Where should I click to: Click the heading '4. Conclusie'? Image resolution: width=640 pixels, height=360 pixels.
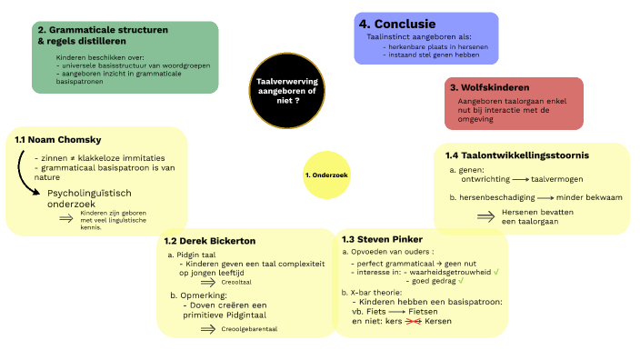click(x=397, y=25)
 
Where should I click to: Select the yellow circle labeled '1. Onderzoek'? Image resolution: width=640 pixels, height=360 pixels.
click(x=327, y=174)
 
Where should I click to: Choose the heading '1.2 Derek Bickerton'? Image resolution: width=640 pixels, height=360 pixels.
click(x=210, y=241)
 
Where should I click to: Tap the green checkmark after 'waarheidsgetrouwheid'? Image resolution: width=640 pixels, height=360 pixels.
click(x=497, y=271)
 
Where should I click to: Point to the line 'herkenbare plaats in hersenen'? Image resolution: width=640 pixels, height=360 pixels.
click(x=435, y=46)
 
